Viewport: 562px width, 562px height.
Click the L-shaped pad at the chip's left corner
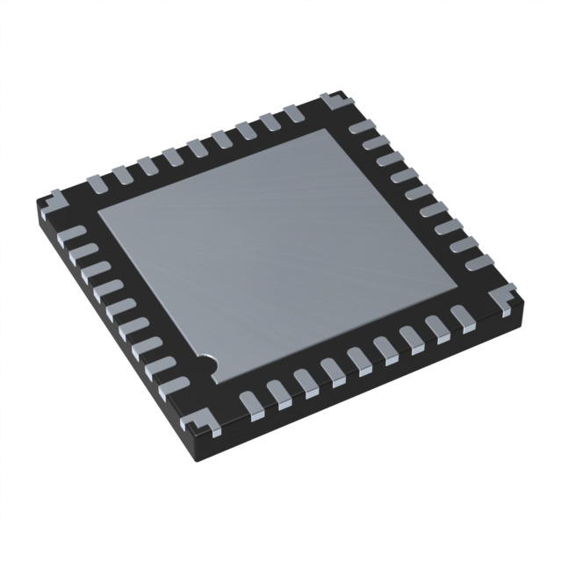pyautogui.click(x=50, y=198)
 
